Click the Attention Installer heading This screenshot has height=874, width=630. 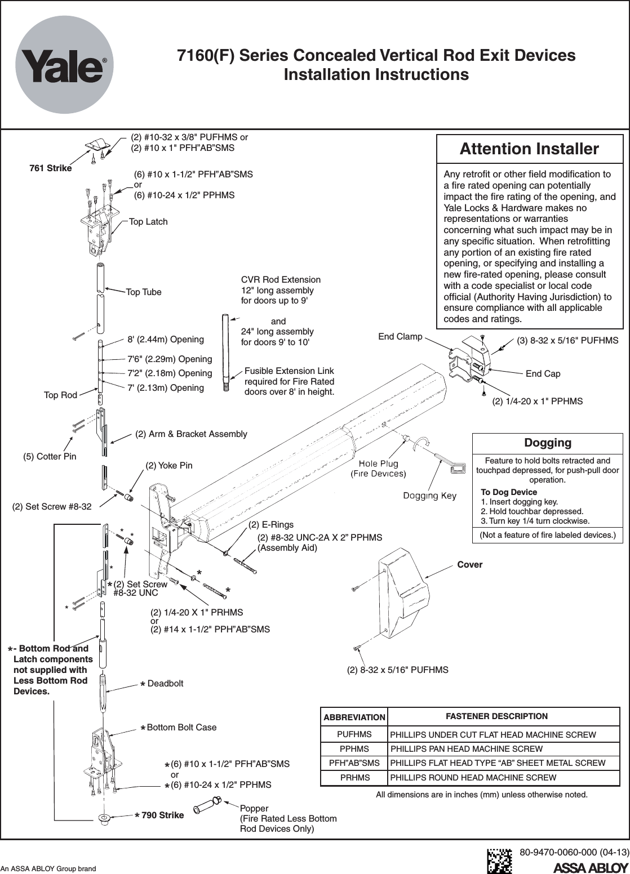(529, 149)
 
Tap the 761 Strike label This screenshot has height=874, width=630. (50, 168)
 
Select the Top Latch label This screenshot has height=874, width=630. (148, 221)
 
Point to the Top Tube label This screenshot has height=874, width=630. (143, 292)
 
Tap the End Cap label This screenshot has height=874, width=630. (543, 373)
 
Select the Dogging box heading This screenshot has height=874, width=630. (548, 443)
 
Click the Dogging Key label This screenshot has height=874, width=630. (429, 495)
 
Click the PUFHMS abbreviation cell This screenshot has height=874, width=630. (354, 735)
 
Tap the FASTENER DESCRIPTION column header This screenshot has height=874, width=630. (496, 716)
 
